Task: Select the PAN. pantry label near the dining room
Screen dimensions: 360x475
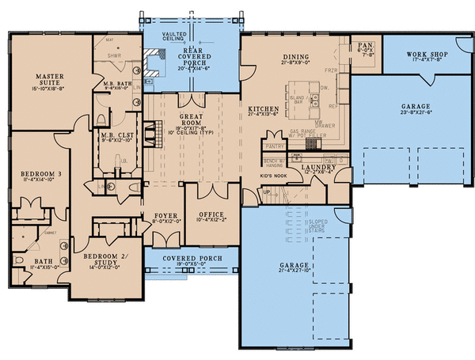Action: (x=365, y=46)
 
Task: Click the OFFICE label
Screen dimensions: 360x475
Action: (x=211, y=214)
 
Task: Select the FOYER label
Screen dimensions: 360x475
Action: (x=164, y=214)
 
